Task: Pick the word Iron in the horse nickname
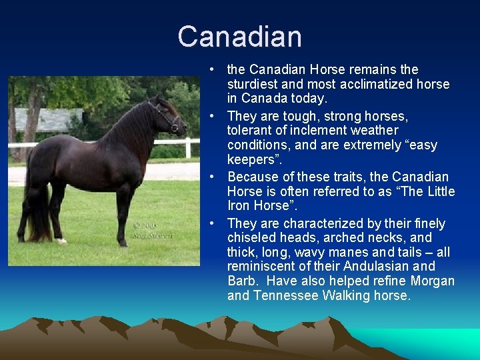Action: (239, 206)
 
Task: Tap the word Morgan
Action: (433, 281)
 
